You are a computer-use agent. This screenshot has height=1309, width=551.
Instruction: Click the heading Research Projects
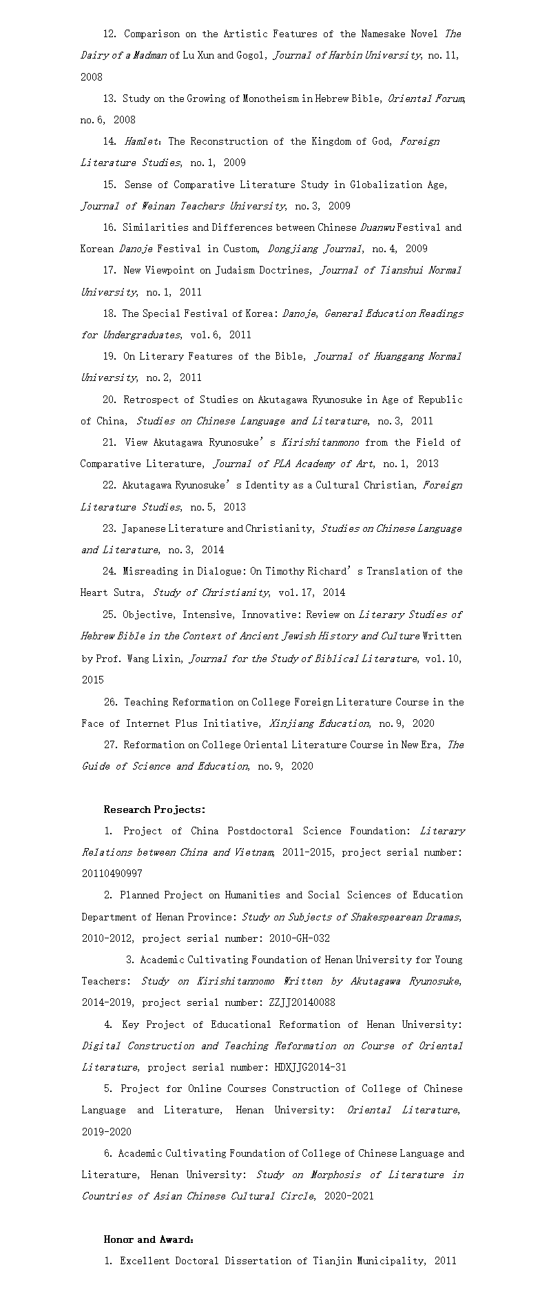[154, 810]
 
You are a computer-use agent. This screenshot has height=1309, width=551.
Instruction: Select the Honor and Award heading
[148, 1239]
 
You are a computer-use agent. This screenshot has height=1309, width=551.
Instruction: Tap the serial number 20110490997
[112, 874]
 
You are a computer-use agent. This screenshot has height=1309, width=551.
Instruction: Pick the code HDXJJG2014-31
[310, 1067]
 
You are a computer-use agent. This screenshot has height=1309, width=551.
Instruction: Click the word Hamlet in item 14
[141, 141]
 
